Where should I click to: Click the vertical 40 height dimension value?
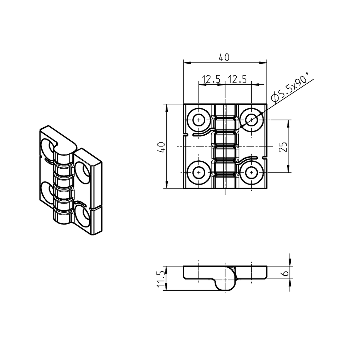tap(161, 147)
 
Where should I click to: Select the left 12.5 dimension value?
tap(211, 79)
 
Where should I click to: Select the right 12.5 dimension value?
tap(237, 79)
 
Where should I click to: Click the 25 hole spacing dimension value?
tap(283, 147)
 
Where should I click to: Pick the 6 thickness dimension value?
tap(285, 273)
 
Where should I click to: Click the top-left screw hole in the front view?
tap(199, 120)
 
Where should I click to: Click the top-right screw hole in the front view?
tap(251, 120)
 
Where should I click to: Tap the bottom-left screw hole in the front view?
tap(199, 173)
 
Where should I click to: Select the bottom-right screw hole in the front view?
tap(251, 173)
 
